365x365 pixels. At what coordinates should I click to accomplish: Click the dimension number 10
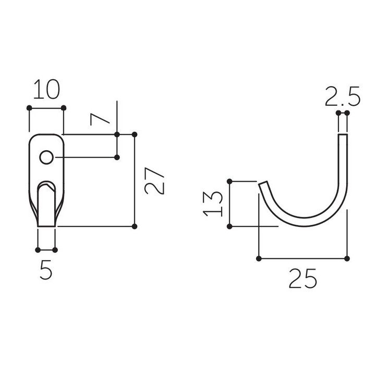pos(46,89)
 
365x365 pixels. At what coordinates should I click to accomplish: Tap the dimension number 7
pos(100,119)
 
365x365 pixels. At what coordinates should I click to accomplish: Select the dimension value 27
pos(154,180)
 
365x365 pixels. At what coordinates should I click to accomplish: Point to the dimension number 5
pos(46,270)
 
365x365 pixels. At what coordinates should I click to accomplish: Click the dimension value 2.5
pos(343,96)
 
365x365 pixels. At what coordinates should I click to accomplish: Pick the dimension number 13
pos(213,204)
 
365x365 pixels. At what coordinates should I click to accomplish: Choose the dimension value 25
pos(303,278)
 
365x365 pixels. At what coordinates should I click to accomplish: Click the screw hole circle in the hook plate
pos(46,157)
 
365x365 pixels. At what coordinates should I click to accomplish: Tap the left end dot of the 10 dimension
pos(29,108)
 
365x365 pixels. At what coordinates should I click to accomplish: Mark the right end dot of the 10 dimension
pos(64,108)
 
